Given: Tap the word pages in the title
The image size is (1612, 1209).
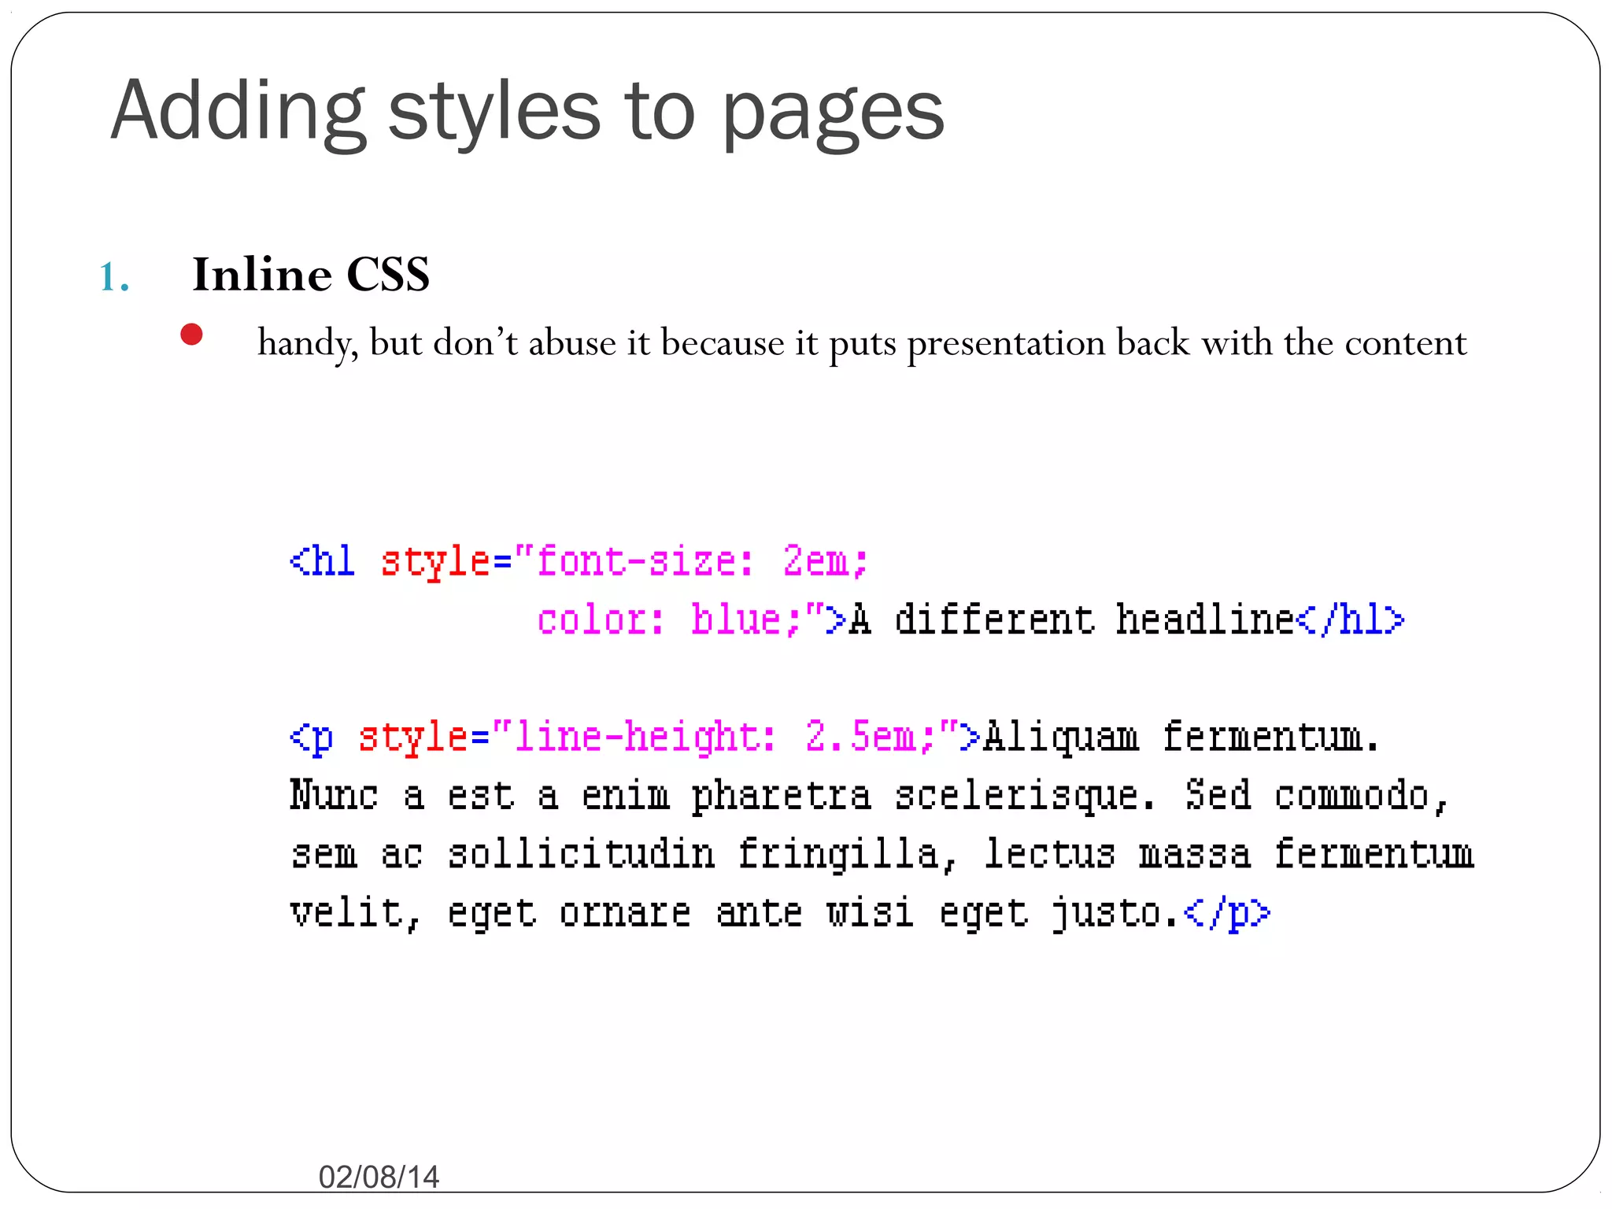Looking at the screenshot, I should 832,114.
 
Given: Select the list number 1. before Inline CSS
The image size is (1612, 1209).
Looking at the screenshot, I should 115,277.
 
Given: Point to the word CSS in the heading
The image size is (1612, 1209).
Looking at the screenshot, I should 388,275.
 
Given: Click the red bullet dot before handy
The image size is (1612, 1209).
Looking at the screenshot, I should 191,335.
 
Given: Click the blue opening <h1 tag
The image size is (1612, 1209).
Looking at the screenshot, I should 322,561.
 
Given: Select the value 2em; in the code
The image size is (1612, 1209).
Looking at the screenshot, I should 825,561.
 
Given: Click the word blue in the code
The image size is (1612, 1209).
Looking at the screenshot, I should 736,619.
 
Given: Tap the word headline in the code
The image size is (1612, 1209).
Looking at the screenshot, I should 1204,619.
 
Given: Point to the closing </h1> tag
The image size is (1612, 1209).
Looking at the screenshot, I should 1350,619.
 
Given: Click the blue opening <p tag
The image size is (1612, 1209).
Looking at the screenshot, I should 312,738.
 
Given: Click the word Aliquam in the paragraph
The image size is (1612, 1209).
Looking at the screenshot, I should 1060,738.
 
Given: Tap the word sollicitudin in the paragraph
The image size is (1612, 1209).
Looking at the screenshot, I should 582,854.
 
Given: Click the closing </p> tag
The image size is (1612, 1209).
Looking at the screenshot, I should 1227,913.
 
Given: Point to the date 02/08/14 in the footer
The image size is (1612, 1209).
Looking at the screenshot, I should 379,1177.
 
